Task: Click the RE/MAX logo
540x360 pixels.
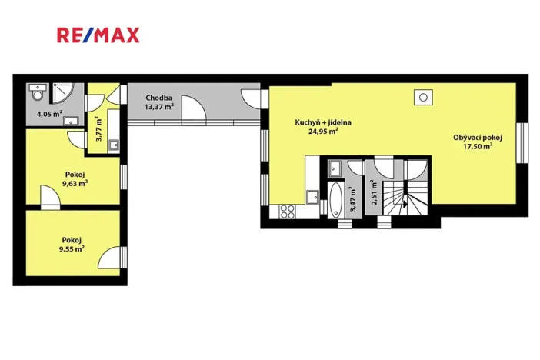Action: pyautogui.click(x=98, y=35)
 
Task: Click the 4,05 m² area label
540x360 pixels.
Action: pyautogui.click(x=49, y=114)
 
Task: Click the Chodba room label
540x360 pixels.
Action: pyautogui.click(x=160, y=98)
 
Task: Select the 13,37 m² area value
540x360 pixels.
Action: pyautogui.click(x=160, y=107)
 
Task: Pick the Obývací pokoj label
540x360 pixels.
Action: pyautogui.click(x=477, y=138)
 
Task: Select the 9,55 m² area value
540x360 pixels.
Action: pyautogui.click(x=71, y=248)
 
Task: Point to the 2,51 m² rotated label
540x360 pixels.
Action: pyautogui.click(x=373, y=191)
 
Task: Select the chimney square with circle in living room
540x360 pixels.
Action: pyautogui.click(x=422, y=98)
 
